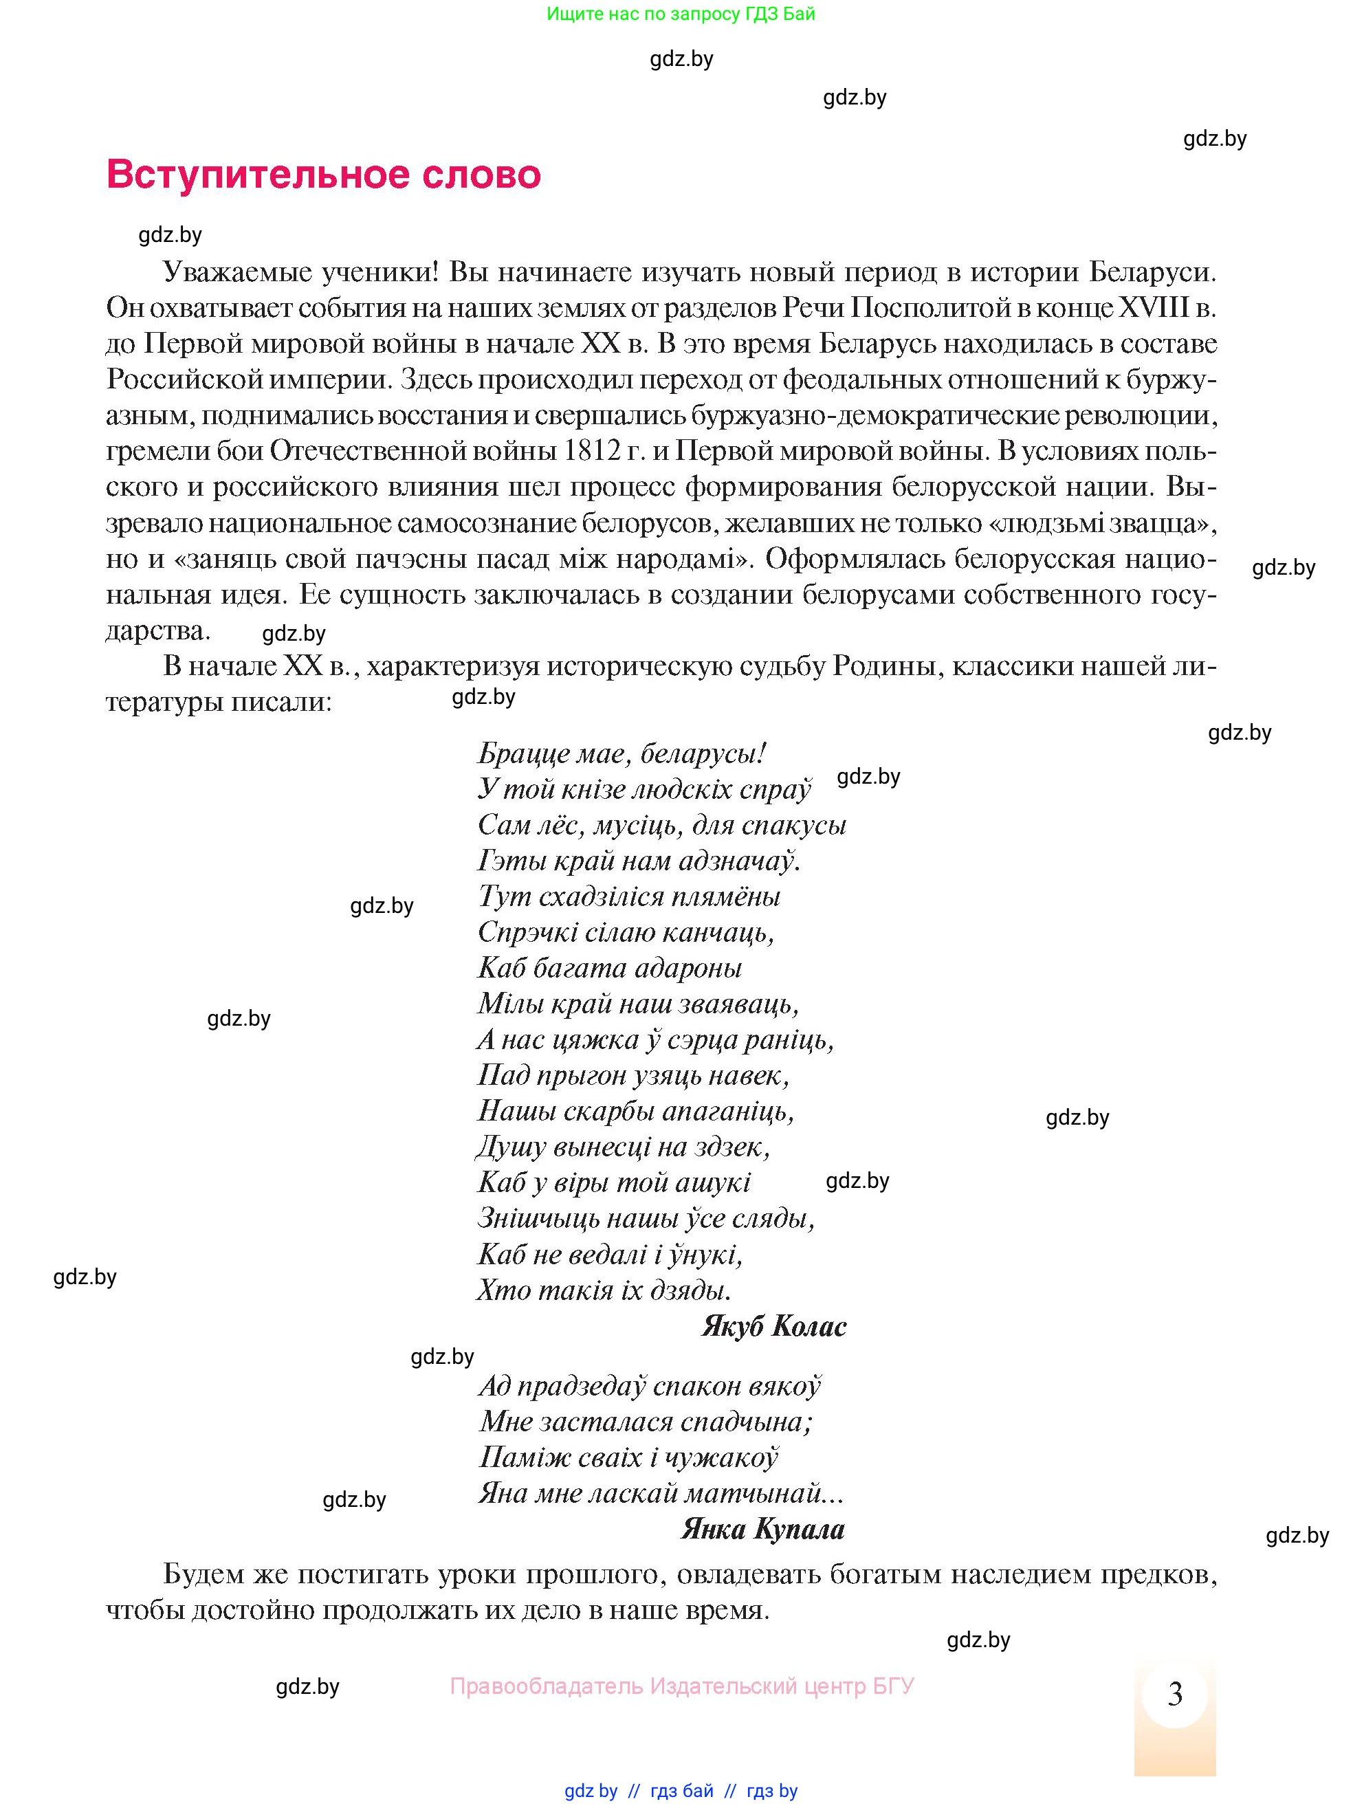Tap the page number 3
pos(1174,1694)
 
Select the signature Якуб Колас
pos(773,1326)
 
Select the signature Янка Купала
pos(762,1528)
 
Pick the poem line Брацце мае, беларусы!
pos(621,753)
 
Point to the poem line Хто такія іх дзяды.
pos(603,1290)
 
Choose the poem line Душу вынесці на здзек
pos(624,1147)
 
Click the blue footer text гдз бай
pos(681,1790)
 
